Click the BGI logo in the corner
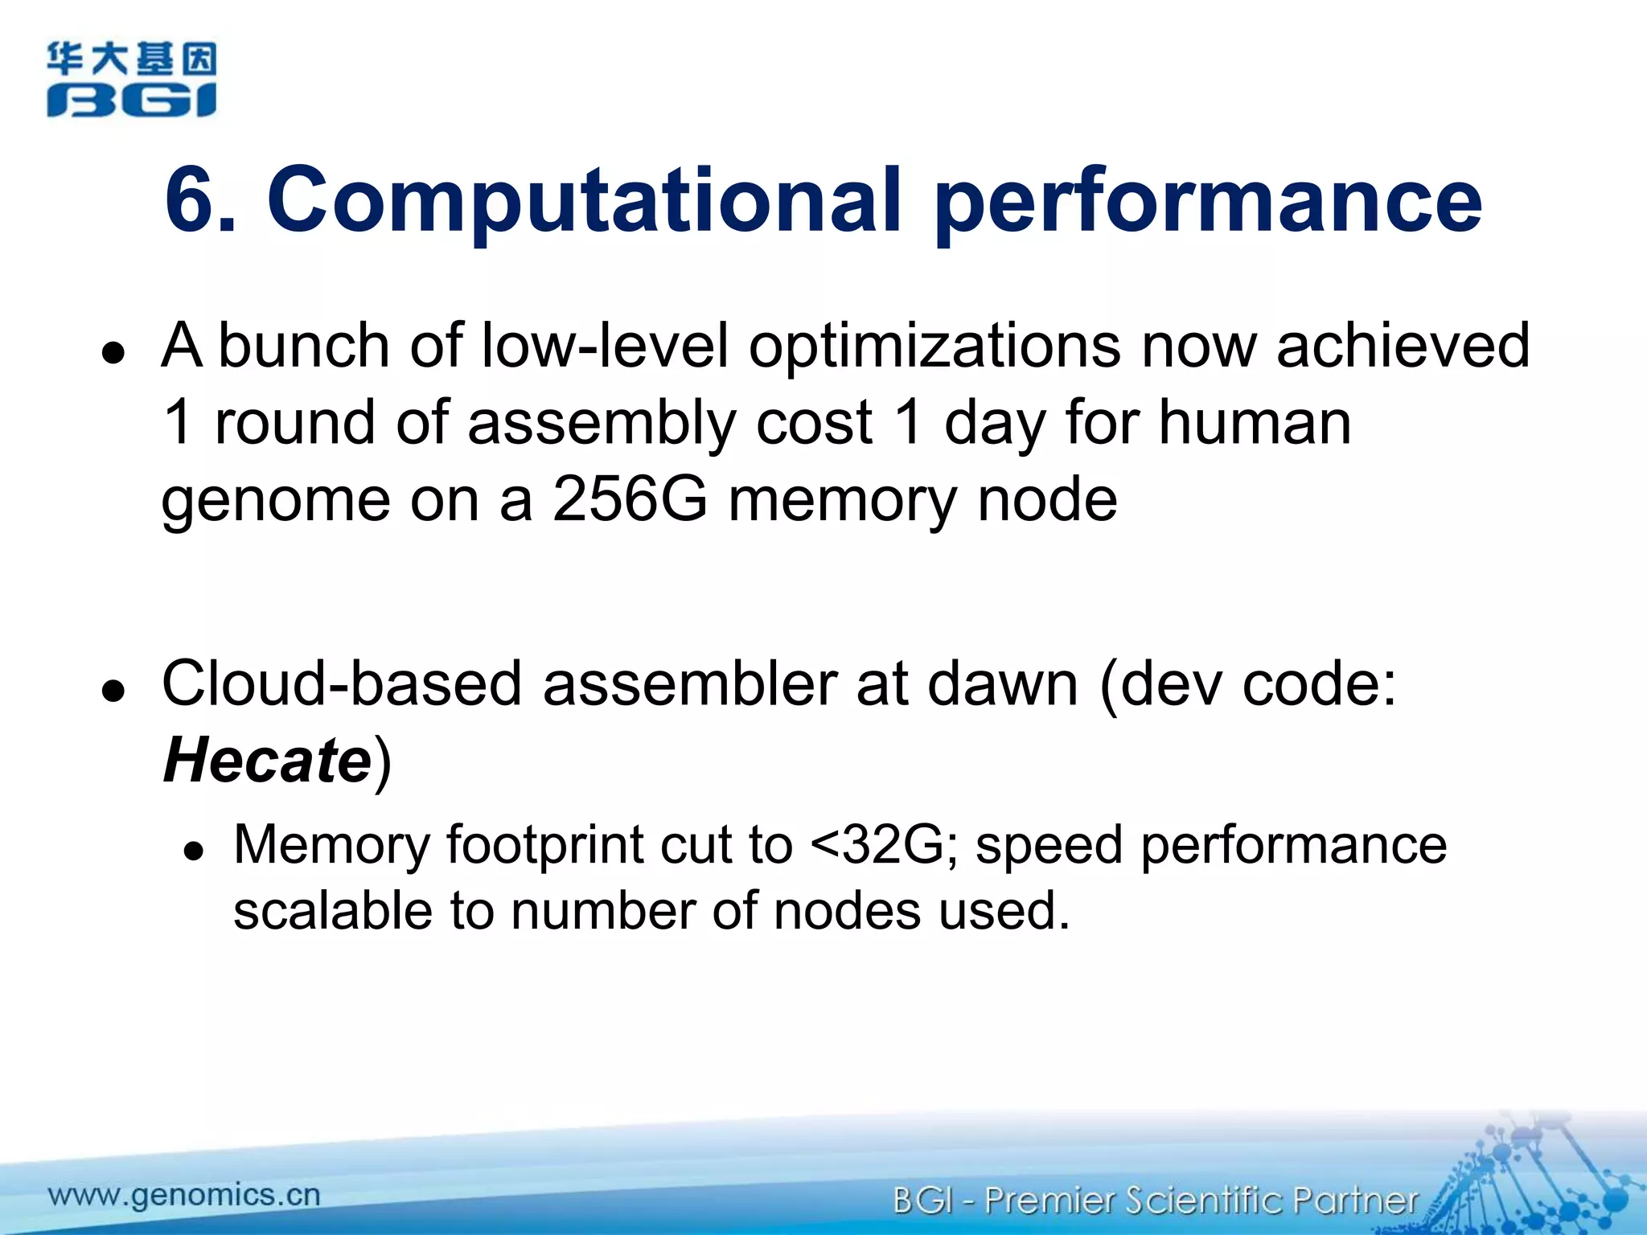[x=131, y=80]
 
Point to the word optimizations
[x=934, y=347]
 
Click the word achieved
[x=1403, y=345]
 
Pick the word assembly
[x=601, y=424]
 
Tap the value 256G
[x=630, y=499]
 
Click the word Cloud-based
[x=342, y=684]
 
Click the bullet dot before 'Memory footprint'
[x=193, y=851]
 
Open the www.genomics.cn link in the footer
[x=184, y=1195]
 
